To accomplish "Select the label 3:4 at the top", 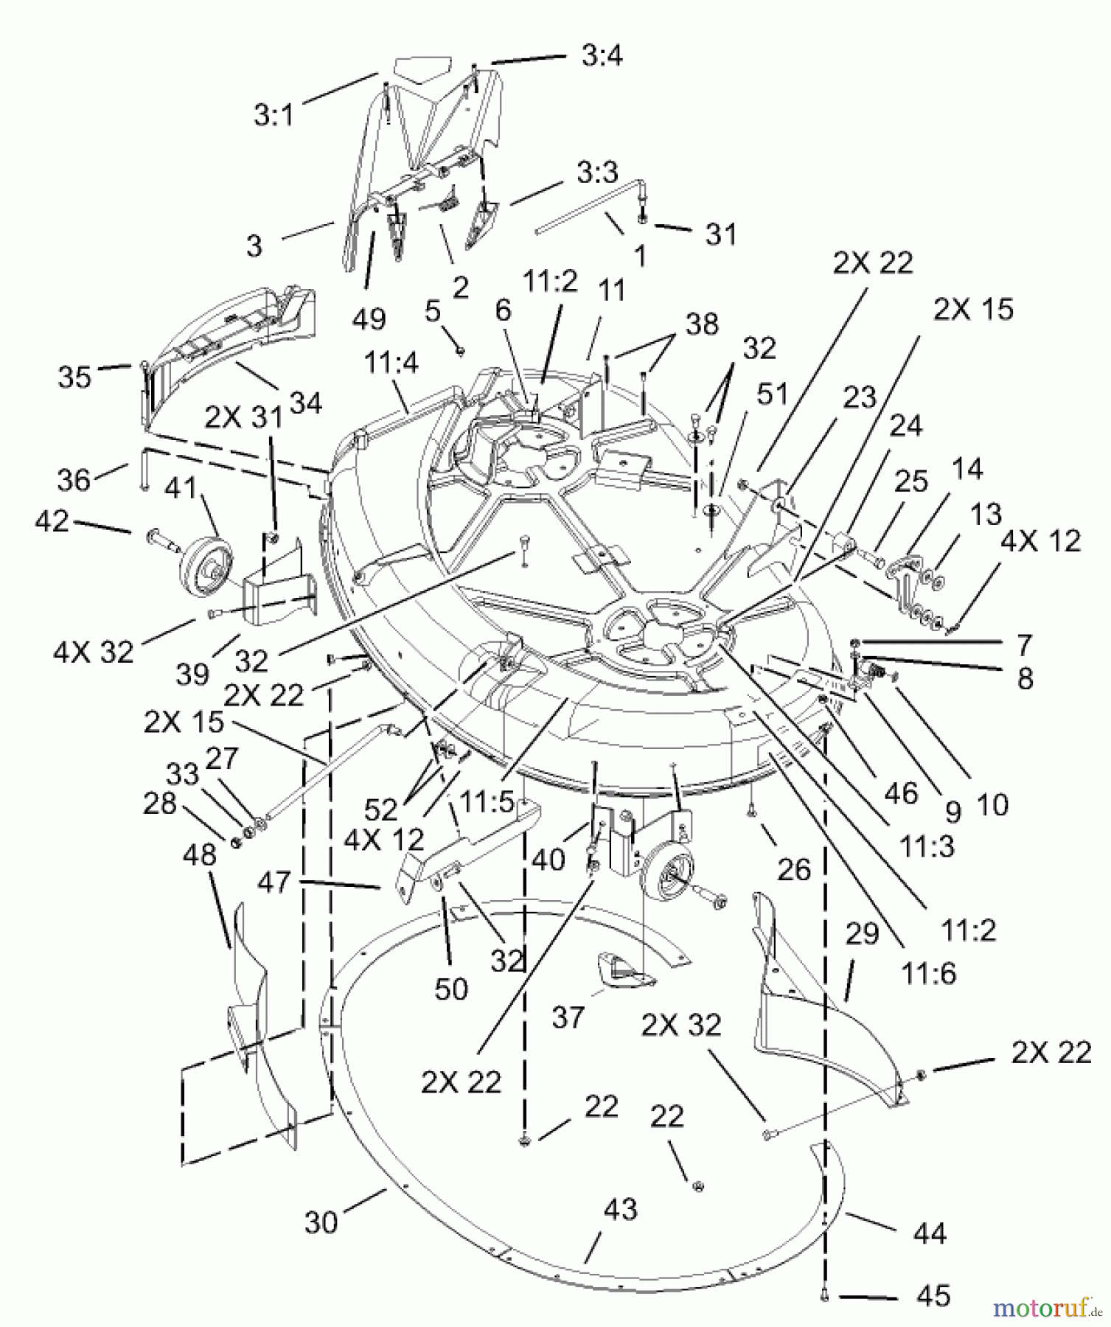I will (602, 56).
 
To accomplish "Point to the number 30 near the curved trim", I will (321, 1222).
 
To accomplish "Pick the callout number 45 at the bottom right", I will (932, 1296).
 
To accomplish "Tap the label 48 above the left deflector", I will (199, 854).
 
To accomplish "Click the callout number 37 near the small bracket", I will (568, 1018).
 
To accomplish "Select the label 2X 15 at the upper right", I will (972, 310).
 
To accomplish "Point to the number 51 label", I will (773, 394).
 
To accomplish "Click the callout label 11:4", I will (391, 363).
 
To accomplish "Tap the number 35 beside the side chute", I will (74, 377).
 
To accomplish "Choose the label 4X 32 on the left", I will (94, 652).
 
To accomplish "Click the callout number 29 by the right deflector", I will (862, 934).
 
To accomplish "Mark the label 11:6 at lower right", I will (928, 973).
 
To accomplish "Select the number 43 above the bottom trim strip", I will (620, 1210).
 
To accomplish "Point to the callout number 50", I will (451, 989).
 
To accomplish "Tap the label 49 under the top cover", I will (369, 318).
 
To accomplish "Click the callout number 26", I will (793, 870).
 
